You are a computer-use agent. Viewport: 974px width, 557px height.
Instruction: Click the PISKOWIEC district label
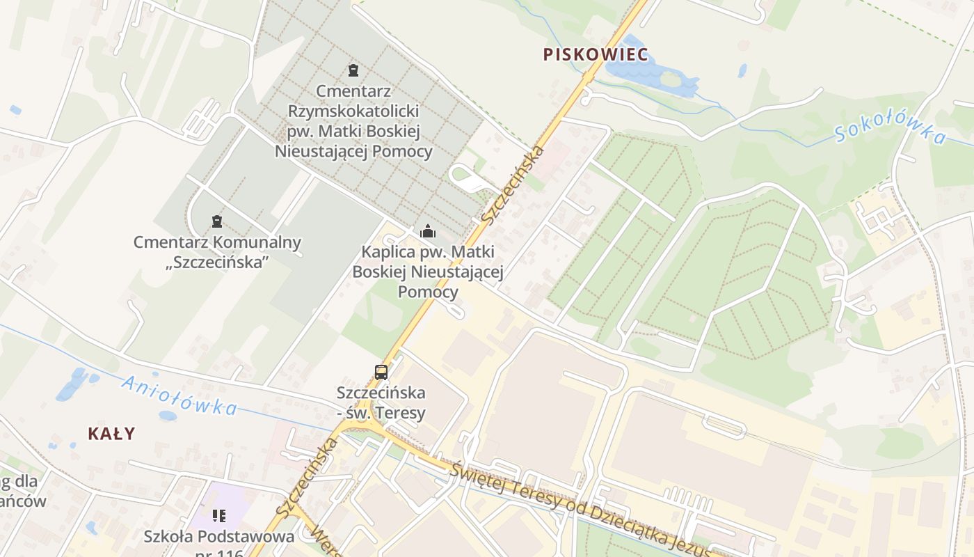tap(596, 54)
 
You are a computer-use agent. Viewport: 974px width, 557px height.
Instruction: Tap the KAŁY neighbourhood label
tap(111, 433)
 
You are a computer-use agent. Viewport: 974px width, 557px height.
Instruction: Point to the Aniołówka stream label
tap(179, 395)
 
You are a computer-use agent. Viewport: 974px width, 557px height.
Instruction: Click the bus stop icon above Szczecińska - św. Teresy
tap(381, 372)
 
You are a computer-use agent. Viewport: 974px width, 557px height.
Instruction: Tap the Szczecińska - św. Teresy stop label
tap(381, 402)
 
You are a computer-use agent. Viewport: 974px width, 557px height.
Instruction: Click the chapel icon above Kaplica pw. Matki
tap(427, 231)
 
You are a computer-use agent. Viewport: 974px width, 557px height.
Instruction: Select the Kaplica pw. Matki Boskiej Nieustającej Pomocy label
tap(427, 271)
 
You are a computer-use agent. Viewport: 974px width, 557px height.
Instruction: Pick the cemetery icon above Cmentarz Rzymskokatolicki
tap(353, 70)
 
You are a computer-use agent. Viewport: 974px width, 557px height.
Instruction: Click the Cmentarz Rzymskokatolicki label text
tap(353, 121)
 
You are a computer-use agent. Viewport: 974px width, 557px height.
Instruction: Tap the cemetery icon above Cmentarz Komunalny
tap(217, 222)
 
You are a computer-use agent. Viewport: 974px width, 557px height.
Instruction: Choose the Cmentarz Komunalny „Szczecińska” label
tap(217, 252)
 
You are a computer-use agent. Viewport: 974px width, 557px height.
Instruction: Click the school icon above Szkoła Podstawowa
tap(219, 516)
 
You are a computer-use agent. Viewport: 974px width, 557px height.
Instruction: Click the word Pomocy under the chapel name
tap(428, 291)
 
